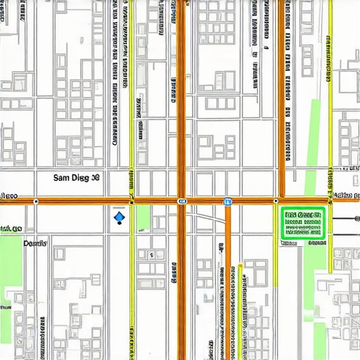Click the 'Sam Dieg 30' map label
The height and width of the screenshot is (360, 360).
(77, 179)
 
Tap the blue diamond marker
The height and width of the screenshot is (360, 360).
(118, 219)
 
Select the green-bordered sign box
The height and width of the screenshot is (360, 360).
(302, 224)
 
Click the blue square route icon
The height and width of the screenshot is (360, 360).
(228, 202)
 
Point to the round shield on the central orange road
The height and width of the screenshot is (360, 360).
(182, 201)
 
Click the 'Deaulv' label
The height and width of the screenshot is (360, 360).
(34, 243)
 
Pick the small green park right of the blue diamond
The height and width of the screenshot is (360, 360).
(143, 217)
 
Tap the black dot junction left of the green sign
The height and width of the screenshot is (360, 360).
(276, 201)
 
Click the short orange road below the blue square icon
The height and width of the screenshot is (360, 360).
(228, 281)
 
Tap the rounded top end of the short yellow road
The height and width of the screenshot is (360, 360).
(240, 266)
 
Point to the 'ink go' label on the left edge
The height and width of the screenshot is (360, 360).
(11, 229)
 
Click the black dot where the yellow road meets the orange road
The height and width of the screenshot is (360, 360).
(131, 201)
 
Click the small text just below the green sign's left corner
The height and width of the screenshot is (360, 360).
(290, 243)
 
